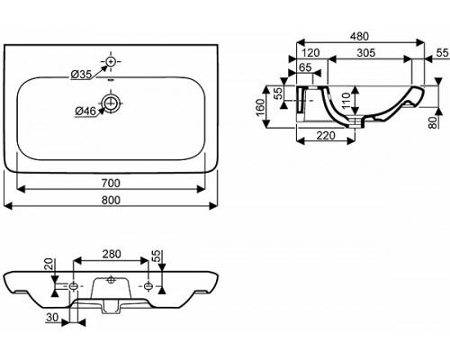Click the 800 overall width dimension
tap(111, 200)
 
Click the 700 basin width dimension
tap(111, 183)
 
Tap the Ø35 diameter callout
tap(81, 74)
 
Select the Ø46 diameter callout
tap(85, 112)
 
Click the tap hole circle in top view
tap(111, 61)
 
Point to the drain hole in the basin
tap(111, 103)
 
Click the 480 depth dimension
tap(359, 36)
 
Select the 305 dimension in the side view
tap(366, 53)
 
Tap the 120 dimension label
tap(310, 53)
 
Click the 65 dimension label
tap(305, 67)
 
